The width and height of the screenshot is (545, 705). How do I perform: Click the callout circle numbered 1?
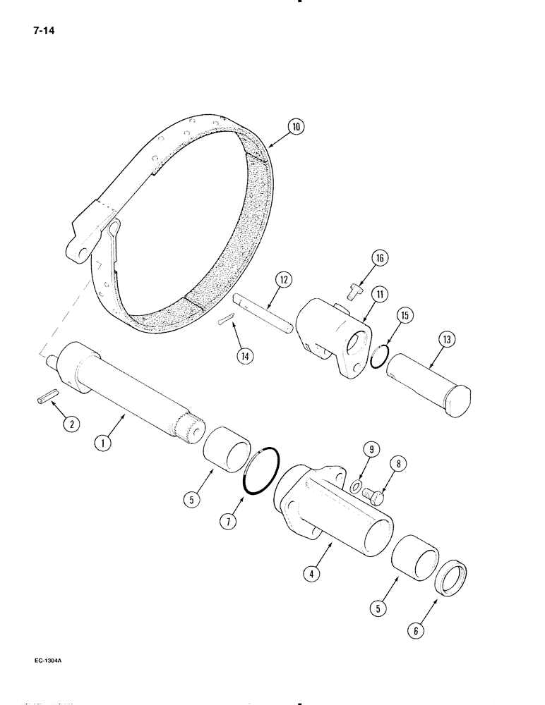[104, 444]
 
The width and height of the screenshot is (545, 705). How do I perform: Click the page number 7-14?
[44, 30]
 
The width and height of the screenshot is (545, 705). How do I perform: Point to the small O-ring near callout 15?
[378, 357]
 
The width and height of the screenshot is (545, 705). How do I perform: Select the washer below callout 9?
[356, 486]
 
